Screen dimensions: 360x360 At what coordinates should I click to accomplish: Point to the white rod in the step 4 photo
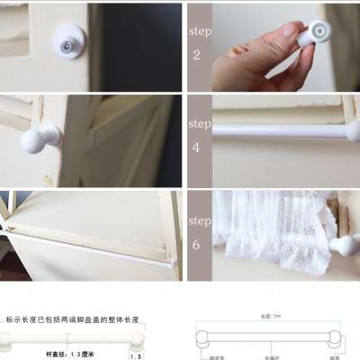[x=279, y=130]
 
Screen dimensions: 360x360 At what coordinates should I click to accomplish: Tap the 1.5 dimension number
[x=136, y=356]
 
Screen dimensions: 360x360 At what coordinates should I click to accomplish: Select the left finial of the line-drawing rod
[x=205, y=339]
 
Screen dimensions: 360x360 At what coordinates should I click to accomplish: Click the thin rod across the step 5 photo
[x=90, y=250]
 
